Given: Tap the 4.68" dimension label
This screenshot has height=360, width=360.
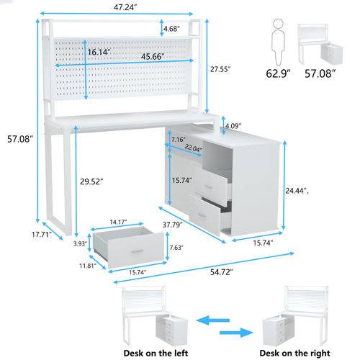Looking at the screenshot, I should point(171,29).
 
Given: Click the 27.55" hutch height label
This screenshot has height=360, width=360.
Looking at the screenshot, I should point(220,70).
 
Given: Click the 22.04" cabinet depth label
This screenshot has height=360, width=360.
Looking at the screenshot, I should point(192,148).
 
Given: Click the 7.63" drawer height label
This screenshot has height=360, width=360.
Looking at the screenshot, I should point(176,248).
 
